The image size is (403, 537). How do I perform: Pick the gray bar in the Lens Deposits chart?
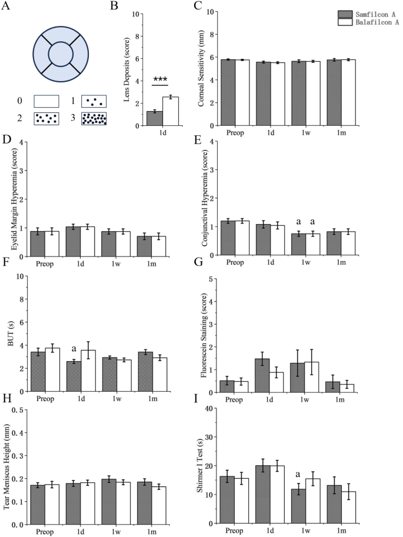click(x=154, y=118)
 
